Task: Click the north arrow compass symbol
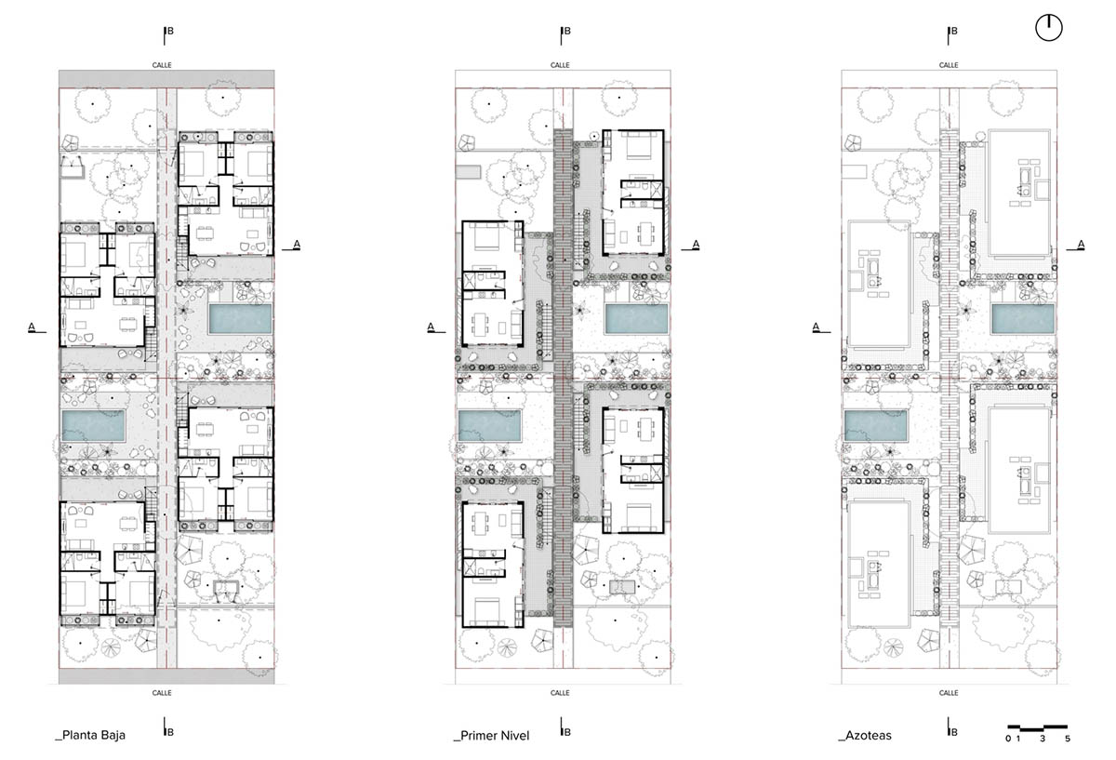pos(1049,28)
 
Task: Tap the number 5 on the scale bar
pos(1068,739)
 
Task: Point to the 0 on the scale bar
pos(1008,739)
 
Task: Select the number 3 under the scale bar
pos(1043,739)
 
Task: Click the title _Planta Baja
pos(90,735)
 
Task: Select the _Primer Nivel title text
pos(491,736)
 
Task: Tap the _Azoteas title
pos(865,736)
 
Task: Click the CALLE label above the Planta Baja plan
pos(162,65)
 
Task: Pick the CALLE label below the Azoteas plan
pos(949,693)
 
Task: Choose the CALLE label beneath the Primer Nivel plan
pos(560,693)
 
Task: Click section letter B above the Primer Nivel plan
pos(567,31)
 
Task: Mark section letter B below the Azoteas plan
pos(954,732)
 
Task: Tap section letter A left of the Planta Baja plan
pos(32,327)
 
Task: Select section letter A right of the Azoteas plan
pos(1081,245)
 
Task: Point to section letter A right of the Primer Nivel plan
pos(696,245)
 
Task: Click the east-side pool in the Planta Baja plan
pos(240,319)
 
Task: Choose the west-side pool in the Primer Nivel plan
pos(489,426)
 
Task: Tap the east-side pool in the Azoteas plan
pos(1023,318)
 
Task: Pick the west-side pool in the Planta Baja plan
pos(93,426)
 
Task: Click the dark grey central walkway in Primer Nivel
pos(563,378)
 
